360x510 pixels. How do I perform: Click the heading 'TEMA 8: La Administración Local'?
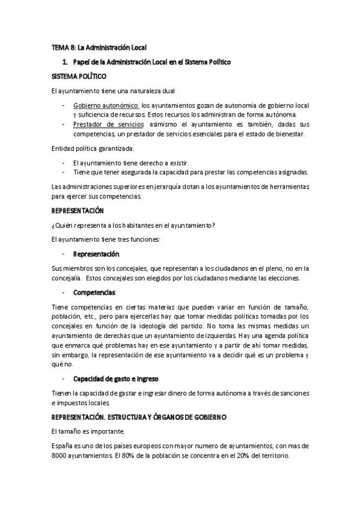coord(99,46)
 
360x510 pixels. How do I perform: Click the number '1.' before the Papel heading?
coord(65,61)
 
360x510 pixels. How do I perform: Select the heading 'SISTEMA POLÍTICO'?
coord(79,76)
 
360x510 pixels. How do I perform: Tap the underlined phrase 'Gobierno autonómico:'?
coord(106,105)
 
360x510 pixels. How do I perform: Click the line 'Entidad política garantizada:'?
coord(93,148)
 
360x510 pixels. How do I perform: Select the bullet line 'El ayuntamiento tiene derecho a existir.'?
coord(130,162)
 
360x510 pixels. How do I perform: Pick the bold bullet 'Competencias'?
coord(94,292)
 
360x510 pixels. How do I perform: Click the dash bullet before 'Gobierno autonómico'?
coord(64,105)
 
